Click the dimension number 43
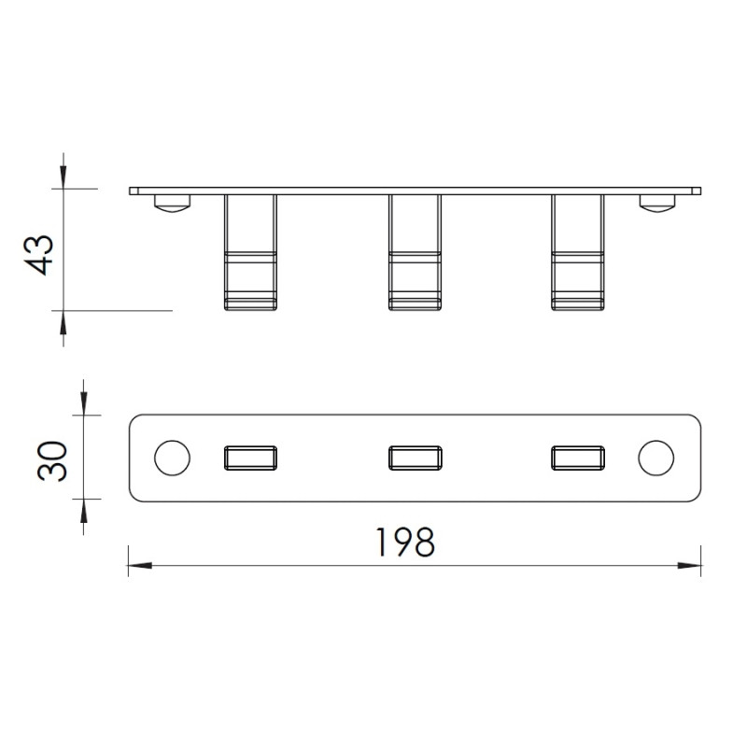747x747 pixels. tap(38, 255)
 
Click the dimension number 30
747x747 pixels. tap(51, 461)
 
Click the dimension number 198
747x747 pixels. tap(405, 543)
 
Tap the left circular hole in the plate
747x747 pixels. tap(172, 458)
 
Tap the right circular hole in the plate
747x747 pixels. tap(656, 458)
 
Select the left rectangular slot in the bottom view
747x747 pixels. tap(250, 458)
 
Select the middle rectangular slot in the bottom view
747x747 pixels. tap(415, 458)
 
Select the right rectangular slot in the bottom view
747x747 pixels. tap(578, 458)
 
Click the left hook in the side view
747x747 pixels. tap(250, 252)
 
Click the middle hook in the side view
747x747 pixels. tap(415, 252)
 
